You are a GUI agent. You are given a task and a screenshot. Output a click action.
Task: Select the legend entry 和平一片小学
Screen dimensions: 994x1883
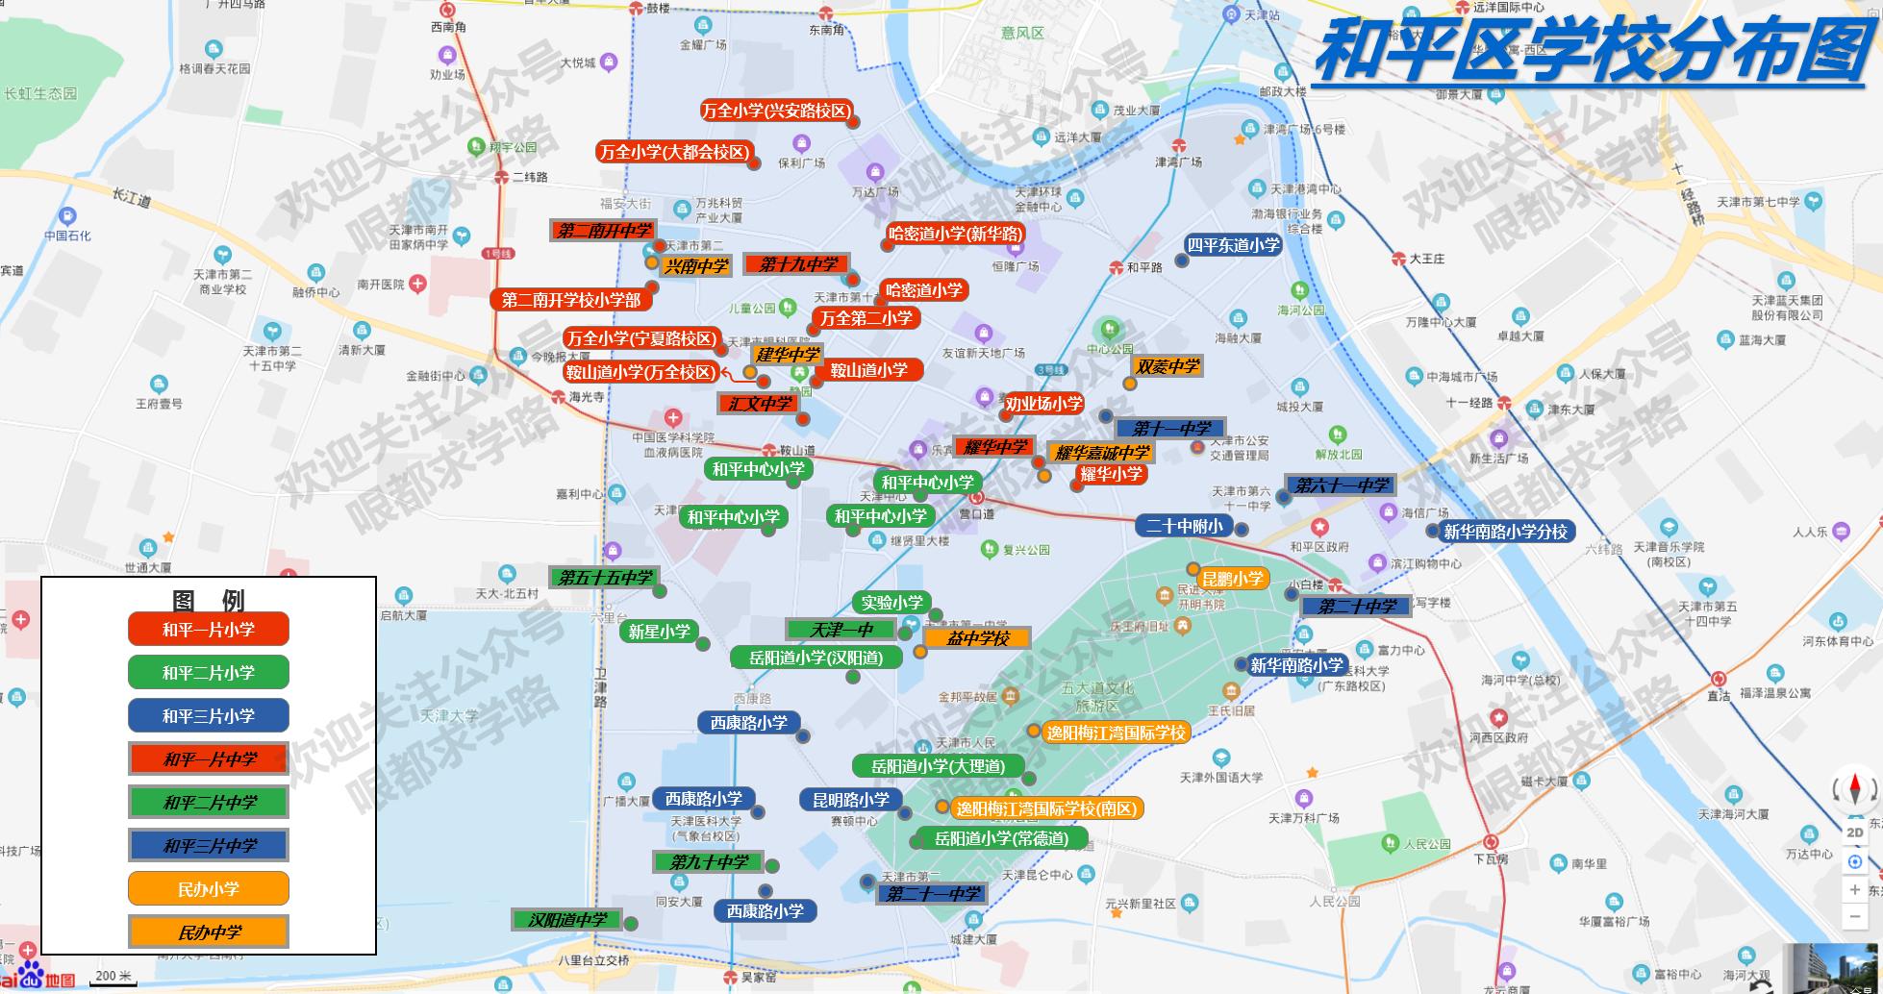(x=208, y=630)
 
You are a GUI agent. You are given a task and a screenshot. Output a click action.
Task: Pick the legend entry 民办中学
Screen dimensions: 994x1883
(x=209, y=932)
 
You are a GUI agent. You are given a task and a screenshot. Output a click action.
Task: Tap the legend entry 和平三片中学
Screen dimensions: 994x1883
(x=209, y=845)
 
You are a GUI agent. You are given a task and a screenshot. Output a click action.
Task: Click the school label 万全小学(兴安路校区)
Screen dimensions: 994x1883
(x=776, y=111)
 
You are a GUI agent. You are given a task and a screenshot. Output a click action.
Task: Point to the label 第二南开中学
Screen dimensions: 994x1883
(x=604, y=231)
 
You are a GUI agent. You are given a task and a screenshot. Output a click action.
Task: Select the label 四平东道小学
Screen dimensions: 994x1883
(x=1233, y=245)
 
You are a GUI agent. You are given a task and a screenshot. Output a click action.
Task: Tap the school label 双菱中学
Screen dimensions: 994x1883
(x=1167, y=366)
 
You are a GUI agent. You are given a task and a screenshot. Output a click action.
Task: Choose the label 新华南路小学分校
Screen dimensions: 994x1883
(x=1505, y=532)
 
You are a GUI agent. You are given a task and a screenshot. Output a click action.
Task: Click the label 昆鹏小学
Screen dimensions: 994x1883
(x=1232, y=579)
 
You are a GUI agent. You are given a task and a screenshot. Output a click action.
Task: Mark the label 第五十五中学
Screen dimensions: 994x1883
(x=605, y=578)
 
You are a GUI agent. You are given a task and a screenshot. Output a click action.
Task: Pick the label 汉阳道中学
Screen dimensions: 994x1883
(x=567, y=920)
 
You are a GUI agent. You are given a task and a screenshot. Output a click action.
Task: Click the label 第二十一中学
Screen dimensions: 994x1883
(x=933, y=894)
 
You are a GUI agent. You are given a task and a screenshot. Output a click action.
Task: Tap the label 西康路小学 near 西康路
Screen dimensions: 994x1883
(x=748, y=723)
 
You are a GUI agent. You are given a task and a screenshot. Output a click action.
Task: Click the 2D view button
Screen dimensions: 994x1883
(x=1855, y=832)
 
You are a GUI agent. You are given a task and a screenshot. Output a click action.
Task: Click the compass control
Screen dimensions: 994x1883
(x=1855, y=790)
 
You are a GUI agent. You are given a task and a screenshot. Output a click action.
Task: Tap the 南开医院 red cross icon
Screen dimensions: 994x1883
(x=417, y=284)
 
